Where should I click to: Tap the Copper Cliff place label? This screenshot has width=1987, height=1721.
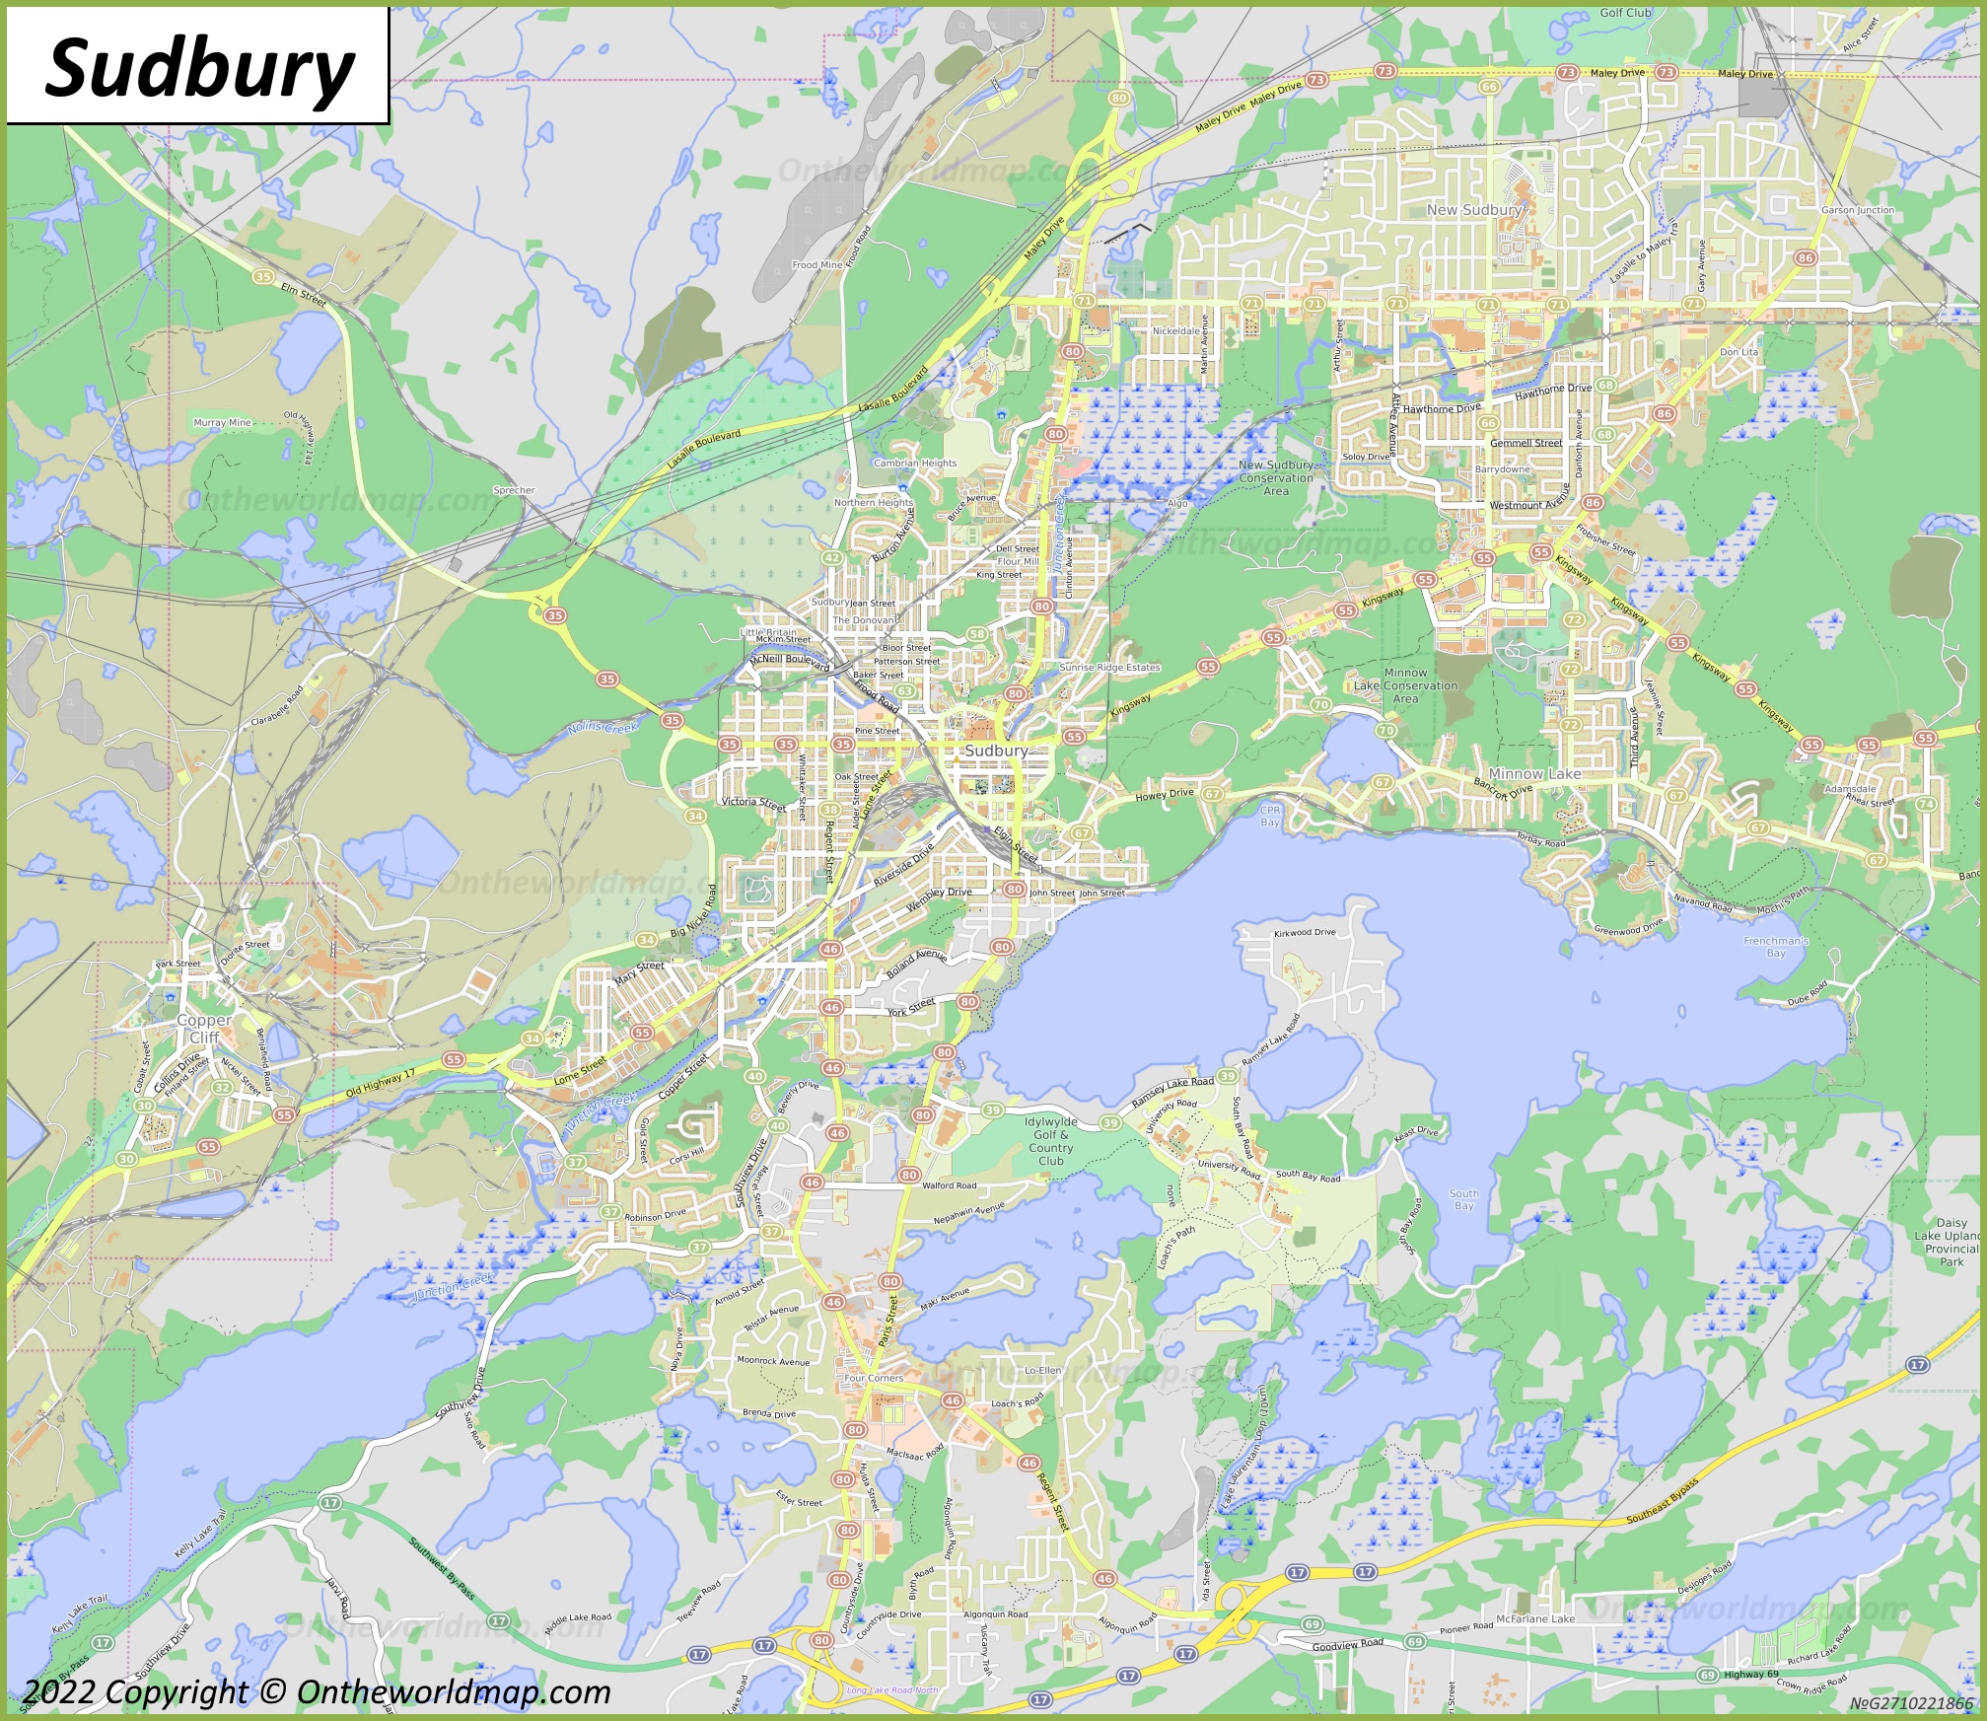point(204,1029)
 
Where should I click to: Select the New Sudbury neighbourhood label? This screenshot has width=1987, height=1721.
point(1474,210)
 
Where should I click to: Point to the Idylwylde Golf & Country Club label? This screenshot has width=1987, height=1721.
point(1050,1141)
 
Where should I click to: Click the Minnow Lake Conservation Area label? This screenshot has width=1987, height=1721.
point(1405,685)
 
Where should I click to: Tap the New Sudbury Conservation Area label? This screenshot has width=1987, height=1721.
point(1276,477)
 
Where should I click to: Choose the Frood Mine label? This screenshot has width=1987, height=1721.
point(817,264)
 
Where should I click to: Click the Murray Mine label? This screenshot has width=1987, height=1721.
point(222,422)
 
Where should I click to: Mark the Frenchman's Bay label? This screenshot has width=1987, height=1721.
point(1775,947)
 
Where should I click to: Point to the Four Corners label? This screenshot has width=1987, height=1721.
point(874,1378)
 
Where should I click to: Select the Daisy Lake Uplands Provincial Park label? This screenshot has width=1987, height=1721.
point(1952,1242)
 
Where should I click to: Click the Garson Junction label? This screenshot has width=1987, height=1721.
point(1858,210)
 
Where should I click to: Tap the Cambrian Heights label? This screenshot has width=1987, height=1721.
point(915,463)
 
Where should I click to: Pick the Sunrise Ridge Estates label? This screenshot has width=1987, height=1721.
point(1109,668)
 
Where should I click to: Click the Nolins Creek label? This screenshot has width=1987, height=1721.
point(603,728)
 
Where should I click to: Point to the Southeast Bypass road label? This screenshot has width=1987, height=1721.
point(1663,1501)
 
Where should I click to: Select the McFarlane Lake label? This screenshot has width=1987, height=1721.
point(1535,1618)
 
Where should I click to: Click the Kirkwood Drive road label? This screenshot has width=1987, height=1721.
point(1305,932)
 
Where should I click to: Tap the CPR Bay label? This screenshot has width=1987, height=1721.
point(1270,816)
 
